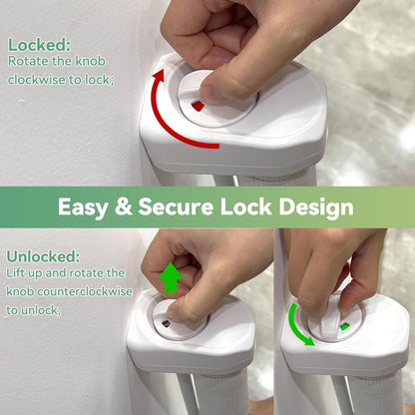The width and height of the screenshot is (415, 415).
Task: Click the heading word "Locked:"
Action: pyautogui.click(x=39, y=45)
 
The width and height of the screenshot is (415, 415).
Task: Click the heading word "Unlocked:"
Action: pyautogui.click(x=43, y=256)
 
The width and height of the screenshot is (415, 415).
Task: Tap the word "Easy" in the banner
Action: pyautogui.click(x=83, y=207)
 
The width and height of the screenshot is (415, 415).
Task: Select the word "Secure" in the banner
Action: pyautogui.click(x=176, y=207)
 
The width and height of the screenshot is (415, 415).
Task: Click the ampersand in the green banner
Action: pyautogui.click(x=124, y=207)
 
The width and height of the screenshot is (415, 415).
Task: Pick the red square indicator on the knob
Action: pyautogui.click(x=199, y=107)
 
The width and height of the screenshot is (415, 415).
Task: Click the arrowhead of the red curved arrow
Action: pyautogui.click(x=159, y=75)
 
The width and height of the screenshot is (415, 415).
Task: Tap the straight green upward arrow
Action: pyautogui.click(x=171, y=278)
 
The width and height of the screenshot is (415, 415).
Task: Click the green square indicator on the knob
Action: pyautogui.click(x=344, y=326)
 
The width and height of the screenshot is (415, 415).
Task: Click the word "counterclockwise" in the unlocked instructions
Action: pyautogui.click(x=85, y=291)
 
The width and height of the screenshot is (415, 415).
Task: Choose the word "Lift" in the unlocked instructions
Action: pyautogui.click(x=15, y=273)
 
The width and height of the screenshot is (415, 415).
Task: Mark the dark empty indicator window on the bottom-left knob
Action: pyautogui.click(x=166, y=323)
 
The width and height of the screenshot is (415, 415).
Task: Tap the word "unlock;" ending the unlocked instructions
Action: pyautogui.click(x=42, y=310)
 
